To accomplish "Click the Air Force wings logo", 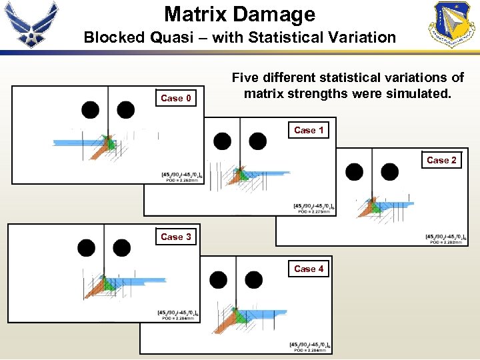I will (x=32, y=25).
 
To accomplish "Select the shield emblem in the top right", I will (x=454, y=24).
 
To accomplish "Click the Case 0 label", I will (x=176, y=99).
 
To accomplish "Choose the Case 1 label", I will (x=309, y=130).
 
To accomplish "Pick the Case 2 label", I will (x=441, y=160).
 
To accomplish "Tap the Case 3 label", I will (x=176, y=237).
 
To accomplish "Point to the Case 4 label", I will (x=309, y=269).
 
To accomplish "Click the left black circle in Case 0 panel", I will (x=90, y=110).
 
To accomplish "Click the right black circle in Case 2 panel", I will (x=389, y=172).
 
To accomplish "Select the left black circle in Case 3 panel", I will (x=86, y=248).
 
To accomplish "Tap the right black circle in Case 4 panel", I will (x=254, y=279).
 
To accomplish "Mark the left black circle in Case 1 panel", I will (x=222, y=141).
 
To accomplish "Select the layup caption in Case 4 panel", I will (x=310, y=344).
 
